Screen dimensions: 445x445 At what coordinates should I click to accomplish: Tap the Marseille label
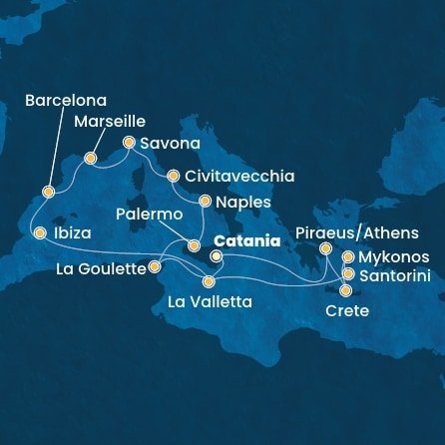click(111, 124)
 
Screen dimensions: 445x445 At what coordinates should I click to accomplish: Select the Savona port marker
click(129, 143)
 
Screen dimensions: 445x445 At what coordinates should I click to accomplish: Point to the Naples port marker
click(205, 201)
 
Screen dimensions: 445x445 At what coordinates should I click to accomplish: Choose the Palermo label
click(149, 215)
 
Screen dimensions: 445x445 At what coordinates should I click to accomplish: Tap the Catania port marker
click(216, 256)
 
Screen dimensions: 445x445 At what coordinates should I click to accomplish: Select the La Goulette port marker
click(155, 267)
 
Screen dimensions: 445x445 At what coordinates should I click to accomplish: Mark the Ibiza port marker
click(40, 233)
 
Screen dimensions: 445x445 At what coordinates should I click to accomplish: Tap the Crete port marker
click(345, 291)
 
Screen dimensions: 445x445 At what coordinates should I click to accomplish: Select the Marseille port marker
click(91, 158)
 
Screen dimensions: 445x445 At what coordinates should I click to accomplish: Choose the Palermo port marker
click(194, 244)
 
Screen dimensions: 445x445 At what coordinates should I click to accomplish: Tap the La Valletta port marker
click(209, 282)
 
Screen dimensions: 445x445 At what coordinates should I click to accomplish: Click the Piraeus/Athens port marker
click(325, 248)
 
